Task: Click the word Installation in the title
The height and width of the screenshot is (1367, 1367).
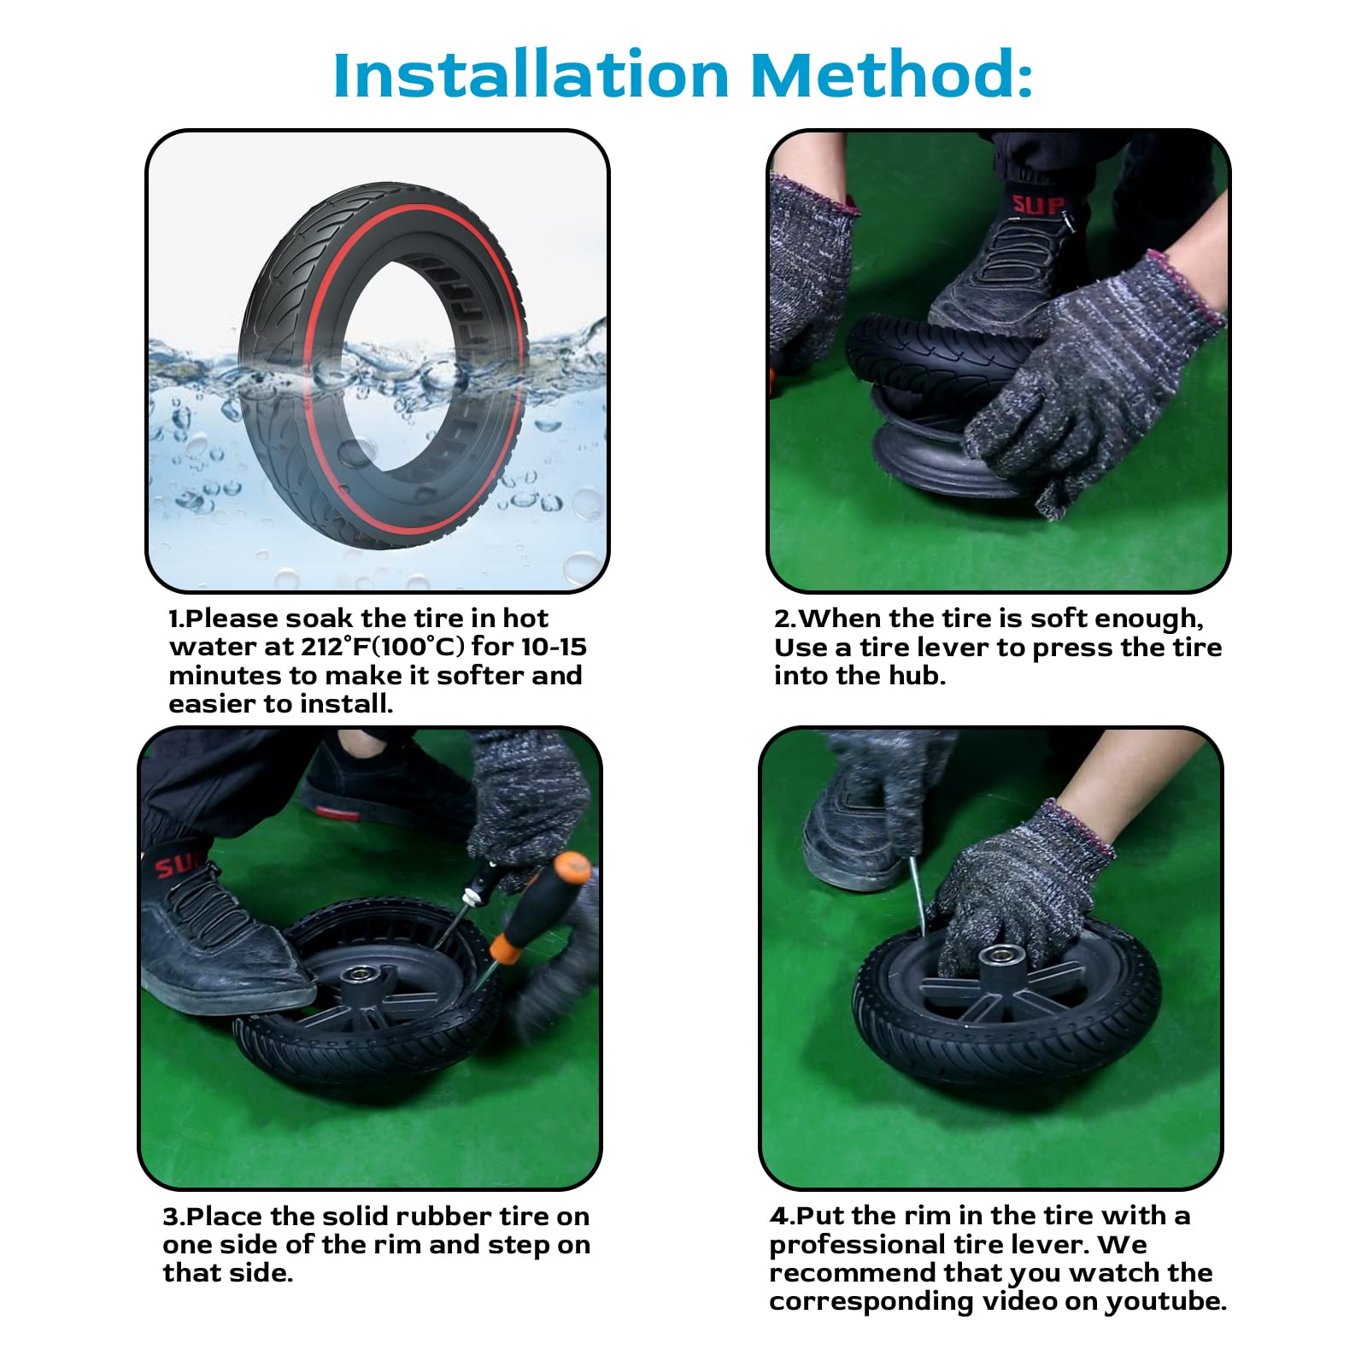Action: [x=531, y=75]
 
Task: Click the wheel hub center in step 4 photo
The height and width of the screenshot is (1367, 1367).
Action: [x=997, y=961]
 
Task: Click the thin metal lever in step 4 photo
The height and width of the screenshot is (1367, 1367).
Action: [x=917, y=897]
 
